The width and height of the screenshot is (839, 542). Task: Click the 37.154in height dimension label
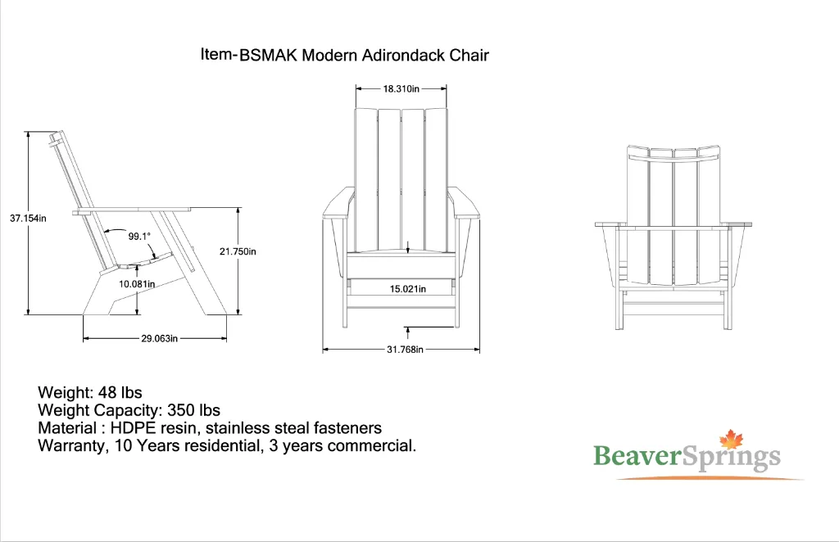click(28, 219)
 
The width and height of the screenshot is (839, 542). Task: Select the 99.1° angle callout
click(139, 237)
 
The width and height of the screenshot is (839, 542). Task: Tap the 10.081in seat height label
click(138, 284)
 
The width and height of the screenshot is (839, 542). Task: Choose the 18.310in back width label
click(401, 88)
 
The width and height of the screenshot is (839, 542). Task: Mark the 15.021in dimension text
click(407, 289)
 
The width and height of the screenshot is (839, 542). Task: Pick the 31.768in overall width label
click(405, 350)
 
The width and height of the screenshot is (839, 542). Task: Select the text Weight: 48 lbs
click(90, 393)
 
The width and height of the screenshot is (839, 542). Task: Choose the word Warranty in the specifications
click(68, 446)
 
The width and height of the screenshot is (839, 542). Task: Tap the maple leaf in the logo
click(729, 440)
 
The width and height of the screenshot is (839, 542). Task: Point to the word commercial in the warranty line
click(378, 446)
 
